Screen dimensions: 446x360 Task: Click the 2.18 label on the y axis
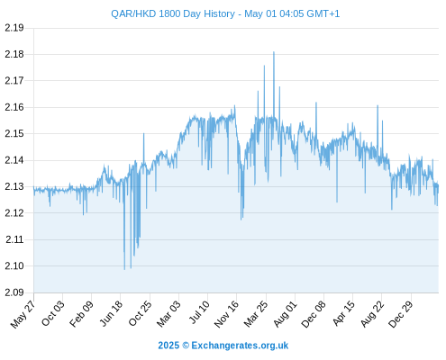(x=14, y=54)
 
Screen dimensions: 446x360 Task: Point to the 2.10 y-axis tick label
(x=14, y=265)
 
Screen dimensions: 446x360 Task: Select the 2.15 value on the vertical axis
(x=14, y=133)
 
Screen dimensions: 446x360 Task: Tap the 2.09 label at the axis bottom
(x=14, y=292)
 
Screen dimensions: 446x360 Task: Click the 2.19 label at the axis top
(x=14, y=28)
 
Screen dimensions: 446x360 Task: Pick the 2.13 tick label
(x=14, y=186)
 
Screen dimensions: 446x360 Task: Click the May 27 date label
(x=23, y=314)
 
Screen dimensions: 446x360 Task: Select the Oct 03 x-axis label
(x=53, y=313)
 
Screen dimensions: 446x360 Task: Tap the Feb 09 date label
(x=81, y=314)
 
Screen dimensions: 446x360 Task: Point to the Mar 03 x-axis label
(x=168, y=314)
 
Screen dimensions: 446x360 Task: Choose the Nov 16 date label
(x=226, y=314)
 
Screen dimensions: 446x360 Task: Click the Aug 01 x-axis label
(x=286, y=314)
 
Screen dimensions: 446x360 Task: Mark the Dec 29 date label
(x=401, y=314)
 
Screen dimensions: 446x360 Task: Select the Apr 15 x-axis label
(x=344, y=313)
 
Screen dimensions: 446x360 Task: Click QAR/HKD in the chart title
(x=133, y=14)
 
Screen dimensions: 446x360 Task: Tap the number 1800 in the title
(x=169, y=13)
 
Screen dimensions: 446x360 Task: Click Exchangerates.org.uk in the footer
(x=240, y=346)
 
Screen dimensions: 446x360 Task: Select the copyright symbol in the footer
(x=186, y=346)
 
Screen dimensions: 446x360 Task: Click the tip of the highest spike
(x=274, y=52)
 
